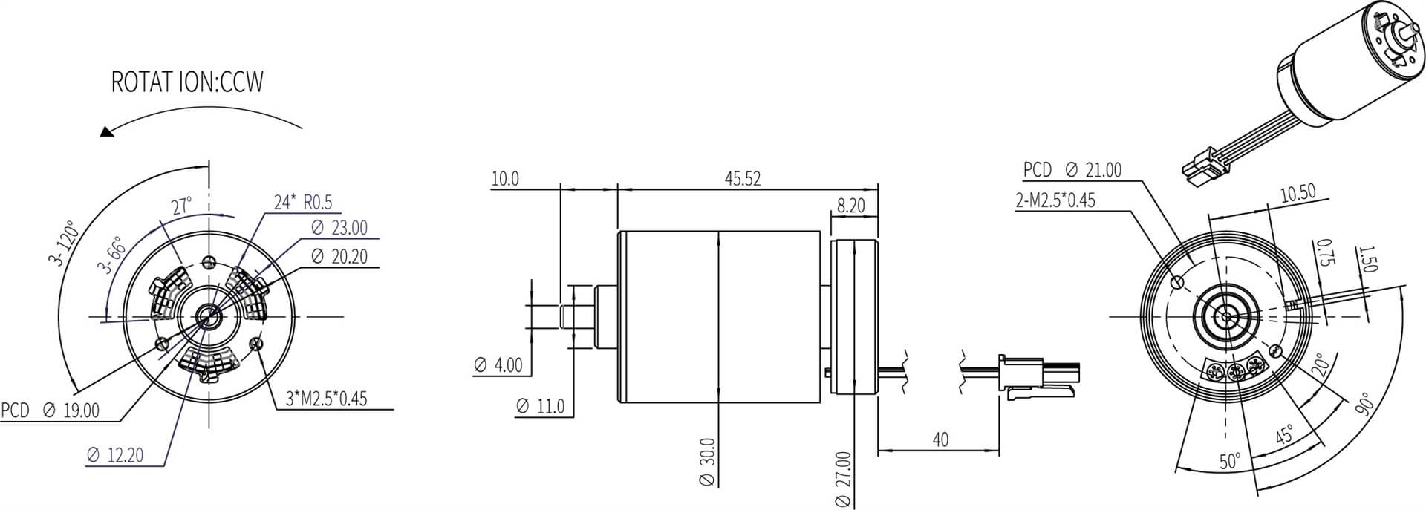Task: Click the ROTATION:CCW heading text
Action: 187,82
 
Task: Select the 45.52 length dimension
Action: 742,179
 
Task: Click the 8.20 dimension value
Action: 850,206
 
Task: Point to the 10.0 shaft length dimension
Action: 505,179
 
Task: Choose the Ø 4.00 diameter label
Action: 498,365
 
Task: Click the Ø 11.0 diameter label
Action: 540,406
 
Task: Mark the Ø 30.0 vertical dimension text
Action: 708,462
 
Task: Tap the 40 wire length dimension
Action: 940,439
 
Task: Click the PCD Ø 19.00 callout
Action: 50,411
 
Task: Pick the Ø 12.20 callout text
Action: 114,455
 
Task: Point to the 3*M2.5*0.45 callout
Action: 327,399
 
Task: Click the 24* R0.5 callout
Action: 303,202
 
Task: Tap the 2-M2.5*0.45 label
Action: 1055,200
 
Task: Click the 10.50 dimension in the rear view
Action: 1298,193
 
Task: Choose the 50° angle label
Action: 1229,462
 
